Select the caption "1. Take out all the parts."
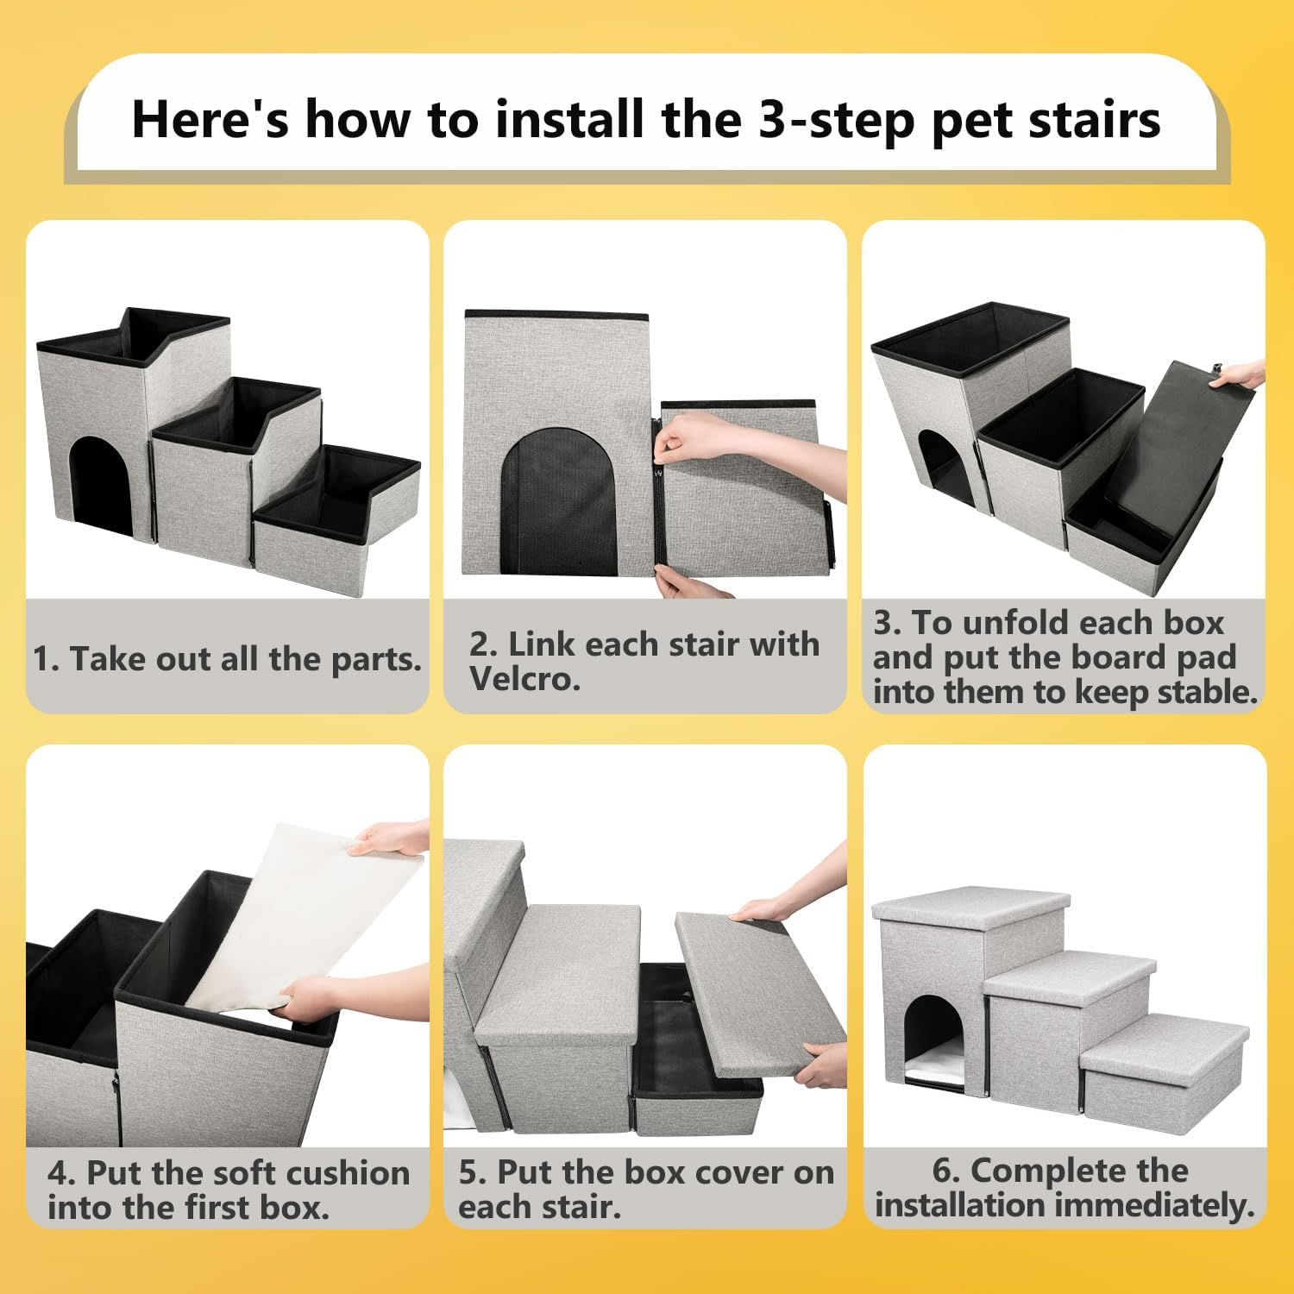[x=227, y=659]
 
